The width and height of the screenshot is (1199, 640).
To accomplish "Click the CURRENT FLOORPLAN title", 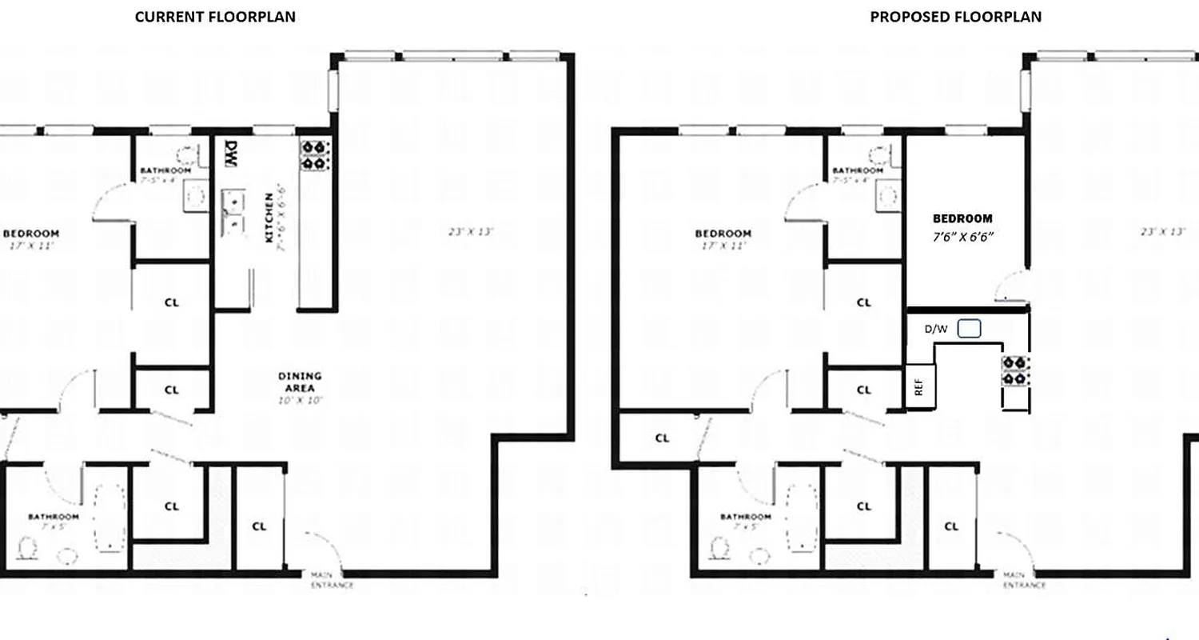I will pos(215,17).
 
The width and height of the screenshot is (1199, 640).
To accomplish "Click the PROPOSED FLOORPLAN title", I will pos(955,17).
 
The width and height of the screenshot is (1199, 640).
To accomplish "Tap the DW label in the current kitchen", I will pos(231,154).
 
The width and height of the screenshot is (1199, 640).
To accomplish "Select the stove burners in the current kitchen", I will pos(315,154).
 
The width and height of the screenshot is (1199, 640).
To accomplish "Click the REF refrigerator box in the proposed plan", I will pos(920,386).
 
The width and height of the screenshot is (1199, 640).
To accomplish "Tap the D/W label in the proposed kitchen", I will pos(935,329).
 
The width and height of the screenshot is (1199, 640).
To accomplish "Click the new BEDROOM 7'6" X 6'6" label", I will pos(962,227).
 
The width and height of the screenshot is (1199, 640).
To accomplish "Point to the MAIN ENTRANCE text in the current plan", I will pos(332,580).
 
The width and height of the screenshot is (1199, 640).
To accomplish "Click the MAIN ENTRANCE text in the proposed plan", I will pos(1024,580).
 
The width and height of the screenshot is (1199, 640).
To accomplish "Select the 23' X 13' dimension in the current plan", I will pos(471,232).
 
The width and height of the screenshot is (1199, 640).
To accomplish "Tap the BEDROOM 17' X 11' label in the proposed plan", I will pos(723,239).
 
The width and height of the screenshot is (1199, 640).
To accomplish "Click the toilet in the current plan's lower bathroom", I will pos(30,548).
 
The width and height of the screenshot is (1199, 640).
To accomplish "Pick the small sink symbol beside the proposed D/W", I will pos(969,329).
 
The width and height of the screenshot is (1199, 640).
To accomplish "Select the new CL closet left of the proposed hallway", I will pos(662,438).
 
